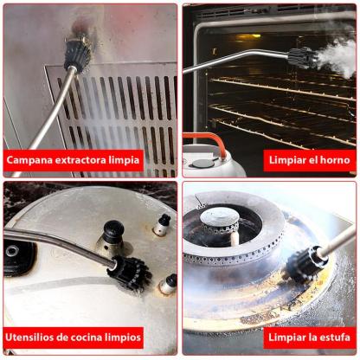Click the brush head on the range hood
pos(77,52)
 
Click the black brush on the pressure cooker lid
pos(130,272)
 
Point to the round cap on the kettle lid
pos(203,164)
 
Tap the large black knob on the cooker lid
pos(113,231)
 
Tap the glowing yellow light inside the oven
pos(247,37)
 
